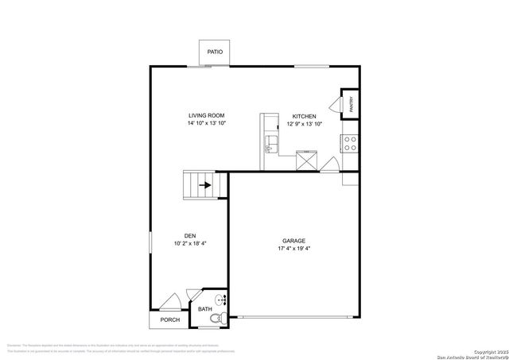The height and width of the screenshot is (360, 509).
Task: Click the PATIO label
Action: click(215, 52)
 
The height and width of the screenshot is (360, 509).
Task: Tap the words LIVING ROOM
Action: click(207, 115)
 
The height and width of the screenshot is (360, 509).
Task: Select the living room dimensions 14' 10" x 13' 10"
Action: click(207, 124)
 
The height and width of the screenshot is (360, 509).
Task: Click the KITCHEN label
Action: click(305, 115)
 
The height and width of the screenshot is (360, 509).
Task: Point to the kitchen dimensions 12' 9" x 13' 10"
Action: click(305, 124)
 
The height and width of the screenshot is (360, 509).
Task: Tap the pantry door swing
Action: click(334, 105)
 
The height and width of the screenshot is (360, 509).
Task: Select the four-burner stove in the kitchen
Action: click(349, 142)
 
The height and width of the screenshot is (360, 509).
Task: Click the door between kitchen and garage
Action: click(334, 165)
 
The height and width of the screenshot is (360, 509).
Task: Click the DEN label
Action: click(190, 235)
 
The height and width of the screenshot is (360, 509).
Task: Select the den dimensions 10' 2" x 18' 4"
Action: click(190, 244)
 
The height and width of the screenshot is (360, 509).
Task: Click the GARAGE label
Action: click(293, 241)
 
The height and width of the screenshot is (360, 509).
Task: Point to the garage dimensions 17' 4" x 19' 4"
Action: click(293, 250)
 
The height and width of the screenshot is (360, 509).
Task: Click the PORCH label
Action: click(169, 320)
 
